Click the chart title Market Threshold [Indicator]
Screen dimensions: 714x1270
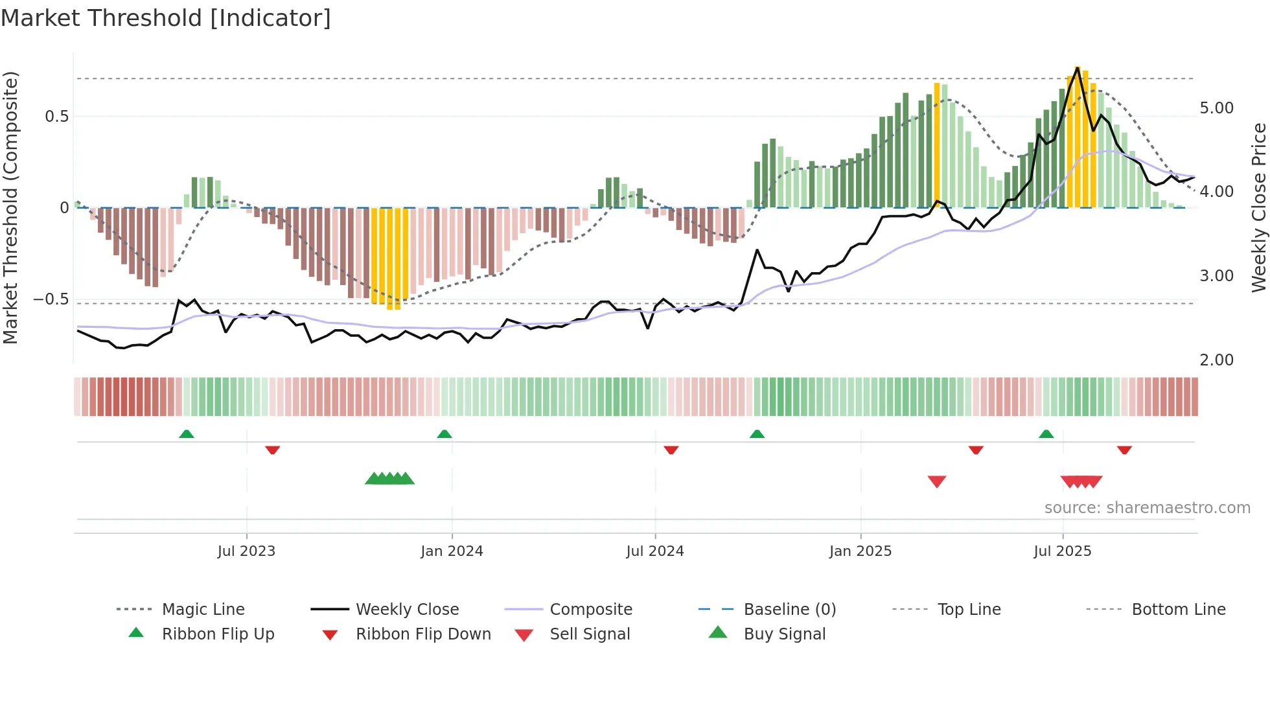pyautogui.click(x=166, y=18)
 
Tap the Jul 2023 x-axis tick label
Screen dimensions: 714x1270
pyautogui.click(x=246, y=551)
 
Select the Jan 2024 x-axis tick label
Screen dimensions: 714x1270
pyautogui.click(x=452, y=551)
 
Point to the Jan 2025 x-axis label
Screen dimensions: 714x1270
pyautogui.click(x=860, y=551)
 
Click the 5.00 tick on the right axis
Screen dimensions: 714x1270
pyautogui.click(x=1216, y=108)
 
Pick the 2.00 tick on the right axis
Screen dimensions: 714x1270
pyautogui.click(x=1216, y=360)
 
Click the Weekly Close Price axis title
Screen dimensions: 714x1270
pyautogui.click(x=1258, y=207)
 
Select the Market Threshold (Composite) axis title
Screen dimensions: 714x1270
pyautogui.click(x=10, y=207)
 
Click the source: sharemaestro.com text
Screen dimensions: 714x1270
pyautogui.click(x=1147, y=508)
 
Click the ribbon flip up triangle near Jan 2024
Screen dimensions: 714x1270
pyautogui.click(x=444, y=434)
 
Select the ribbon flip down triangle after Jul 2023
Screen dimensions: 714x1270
pyautogui.click(x=272, y=450)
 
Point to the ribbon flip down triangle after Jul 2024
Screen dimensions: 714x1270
pyautogui.click(x=671, y=450)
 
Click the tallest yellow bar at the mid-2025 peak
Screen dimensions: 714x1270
pyautogui.click(x=1078, y=136)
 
